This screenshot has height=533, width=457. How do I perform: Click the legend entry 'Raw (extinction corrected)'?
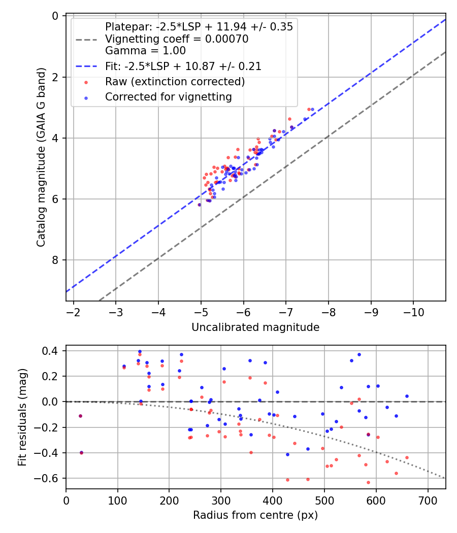(x=175, y=82)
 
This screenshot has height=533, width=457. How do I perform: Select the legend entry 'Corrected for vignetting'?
(x=168, y=97)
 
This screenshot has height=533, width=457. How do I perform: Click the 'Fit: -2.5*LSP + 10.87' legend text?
(x=183, y=66)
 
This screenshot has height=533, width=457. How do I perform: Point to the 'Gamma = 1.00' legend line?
(x=145, y=51)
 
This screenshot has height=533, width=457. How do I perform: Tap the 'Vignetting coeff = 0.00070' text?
(x=177, y=39)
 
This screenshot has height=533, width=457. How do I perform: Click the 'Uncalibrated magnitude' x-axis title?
(x=255, y=327)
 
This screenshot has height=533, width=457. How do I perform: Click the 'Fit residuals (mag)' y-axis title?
(x=22, y=417)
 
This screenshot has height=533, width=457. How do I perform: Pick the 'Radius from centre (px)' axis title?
(x=255, y=515)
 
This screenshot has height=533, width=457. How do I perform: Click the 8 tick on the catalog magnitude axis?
(x=56, y=260)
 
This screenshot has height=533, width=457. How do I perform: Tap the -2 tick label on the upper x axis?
(x=74, y=311)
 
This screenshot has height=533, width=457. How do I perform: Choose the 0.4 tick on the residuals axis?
(x=52, y=351)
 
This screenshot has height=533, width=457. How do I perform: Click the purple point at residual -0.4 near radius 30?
(x=81, y=452)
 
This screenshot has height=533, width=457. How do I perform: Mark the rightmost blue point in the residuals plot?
(x=407, y=396)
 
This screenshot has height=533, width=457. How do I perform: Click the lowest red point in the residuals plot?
(x=368, y=482)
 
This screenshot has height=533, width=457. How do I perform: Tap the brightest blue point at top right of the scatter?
(x=312, y=109)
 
